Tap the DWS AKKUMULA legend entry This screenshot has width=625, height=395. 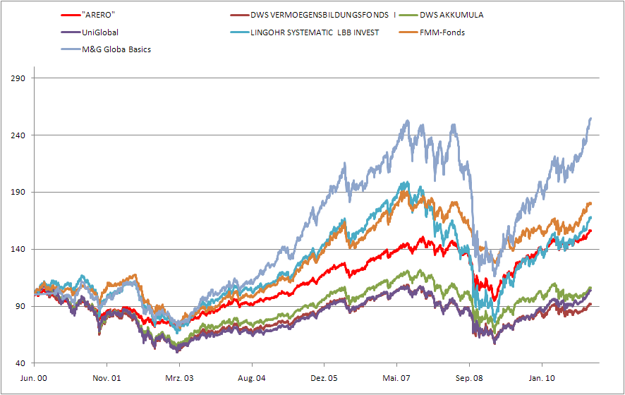pyautogui.click(x=451, y=14)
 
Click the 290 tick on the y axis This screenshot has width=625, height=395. pyautogui.click(x=19, y=78)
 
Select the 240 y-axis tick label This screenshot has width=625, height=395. pyautogui.click(x=19, y=135)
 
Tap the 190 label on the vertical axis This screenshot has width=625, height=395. pyautogui.click(x=19, y=193)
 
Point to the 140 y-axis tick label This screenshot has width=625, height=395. pyautogui.click(x=19, y=250)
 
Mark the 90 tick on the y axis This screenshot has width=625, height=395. pyautogui.click(x=21, y=307)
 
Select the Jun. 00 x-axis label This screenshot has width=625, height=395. pyautogui.click(x=34, y=378)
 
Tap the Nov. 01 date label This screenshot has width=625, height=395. pyautogui.click(x=107, y=378)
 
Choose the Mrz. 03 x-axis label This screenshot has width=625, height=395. pyautogui.click(x=179, y=378)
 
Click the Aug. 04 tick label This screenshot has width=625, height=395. pyautogui.click(x=252, y=378)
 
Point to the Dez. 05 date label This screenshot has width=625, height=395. pyautogui.click(x=324, y=378)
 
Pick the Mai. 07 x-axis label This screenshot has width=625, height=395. pyautogui.click(x=397, y=378)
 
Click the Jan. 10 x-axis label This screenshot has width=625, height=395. pyautogui.click(x=542, y=378)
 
